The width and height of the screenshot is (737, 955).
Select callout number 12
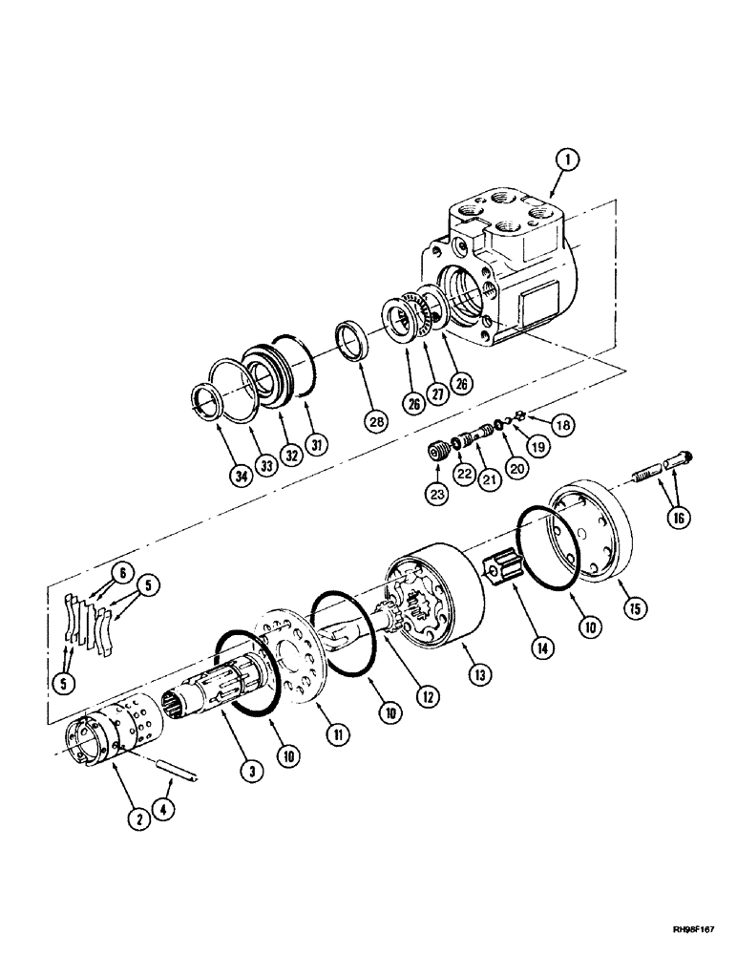[425, 698]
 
